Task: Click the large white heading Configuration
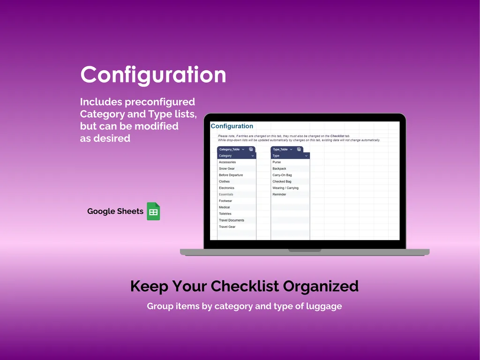[153, 75]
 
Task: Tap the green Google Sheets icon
[153, 211]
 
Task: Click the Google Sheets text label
[115, 211]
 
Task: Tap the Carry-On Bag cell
[282, 175]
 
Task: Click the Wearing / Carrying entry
[285, 188]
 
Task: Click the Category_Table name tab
[230, 150]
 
